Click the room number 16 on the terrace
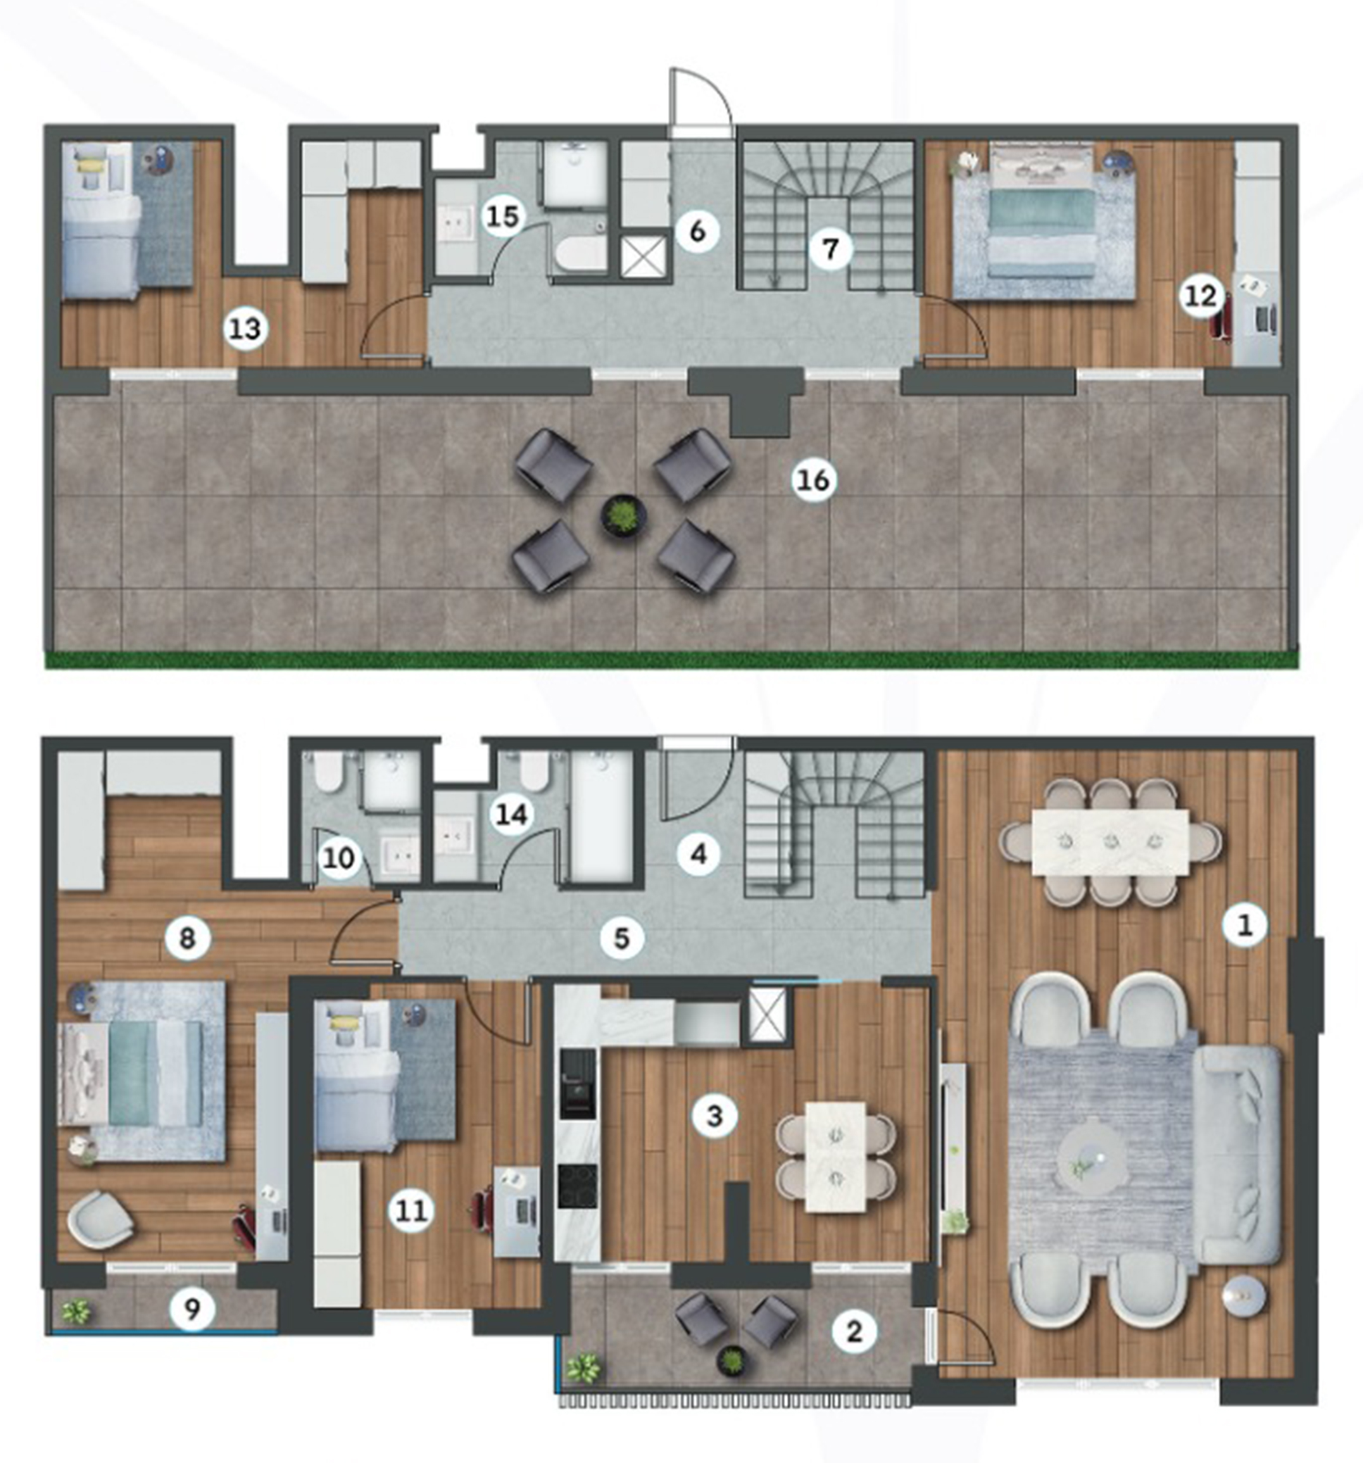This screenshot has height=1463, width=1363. point(813,480)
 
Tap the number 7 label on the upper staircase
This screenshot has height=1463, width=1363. point(831,249)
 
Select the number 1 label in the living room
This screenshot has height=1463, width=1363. point(1245,926)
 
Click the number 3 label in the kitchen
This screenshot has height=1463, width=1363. point(714,1116)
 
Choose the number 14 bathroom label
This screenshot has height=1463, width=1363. point(512,815)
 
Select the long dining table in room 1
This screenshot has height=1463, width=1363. point(1110,842)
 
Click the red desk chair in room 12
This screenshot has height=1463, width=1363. point(1219,316)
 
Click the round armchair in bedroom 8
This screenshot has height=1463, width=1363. point(101,1219)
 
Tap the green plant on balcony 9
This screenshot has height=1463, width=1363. point(76,1310)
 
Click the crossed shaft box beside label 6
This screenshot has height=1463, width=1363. point(643,255)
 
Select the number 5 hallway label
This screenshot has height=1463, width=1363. point(622,938)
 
